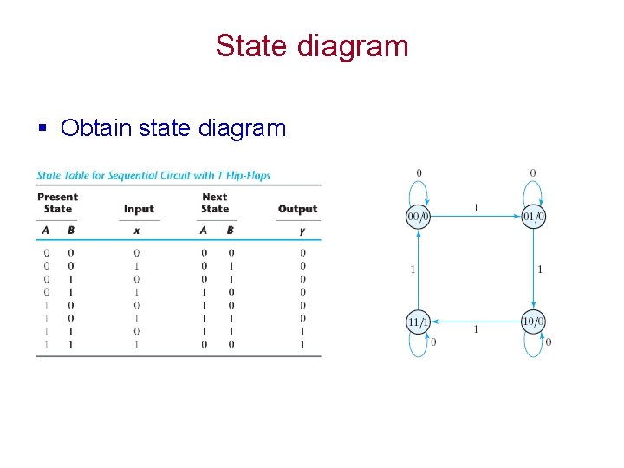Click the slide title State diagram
[x=312, y=46]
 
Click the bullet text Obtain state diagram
[x=172, y=128]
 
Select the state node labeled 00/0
[x=419, y=216]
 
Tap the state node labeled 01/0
[x=533, y=216]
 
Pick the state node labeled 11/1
[x=419, y=322]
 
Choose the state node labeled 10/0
[x=533, y=322]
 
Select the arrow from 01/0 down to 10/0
[x=533, y=269]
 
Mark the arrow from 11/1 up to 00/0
[x=419, y=269]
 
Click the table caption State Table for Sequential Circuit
[x=153, y=175]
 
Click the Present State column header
[x=57, y=203]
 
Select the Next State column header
[x=215, y=203]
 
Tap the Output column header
[x=297, y=209]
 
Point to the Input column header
[x=139, y=209]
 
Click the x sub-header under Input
[x=137, y=231]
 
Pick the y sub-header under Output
[x=302, y=231]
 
